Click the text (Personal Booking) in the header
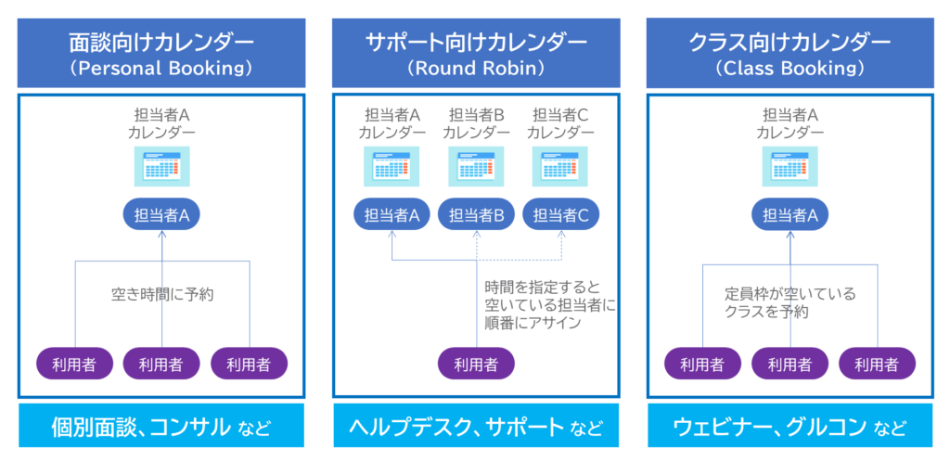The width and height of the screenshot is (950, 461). tap(161, 69)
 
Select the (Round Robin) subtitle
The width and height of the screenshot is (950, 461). tap(475, 69)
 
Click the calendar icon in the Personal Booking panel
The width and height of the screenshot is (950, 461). tap(161, 167)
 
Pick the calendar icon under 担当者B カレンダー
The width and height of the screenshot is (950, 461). tap(476, 167)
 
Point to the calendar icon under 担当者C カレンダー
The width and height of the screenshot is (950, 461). tap(560, 167)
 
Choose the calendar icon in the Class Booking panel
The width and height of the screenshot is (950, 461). tap(790, 167)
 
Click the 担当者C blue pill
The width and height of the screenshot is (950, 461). tap(560, 215)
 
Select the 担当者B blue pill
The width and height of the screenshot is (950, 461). tap(476, 215)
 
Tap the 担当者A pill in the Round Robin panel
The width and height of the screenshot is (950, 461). tap(392, 215)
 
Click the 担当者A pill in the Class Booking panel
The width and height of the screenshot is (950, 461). tap(790, 215)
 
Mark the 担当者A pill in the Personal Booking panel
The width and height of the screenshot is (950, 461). tap(161, 215)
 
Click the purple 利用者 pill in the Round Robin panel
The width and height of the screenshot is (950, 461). tap(476, 363)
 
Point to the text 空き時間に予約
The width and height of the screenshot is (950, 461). tap(162, 295)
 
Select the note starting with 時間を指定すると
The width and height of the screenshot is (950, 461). tap(550, 304)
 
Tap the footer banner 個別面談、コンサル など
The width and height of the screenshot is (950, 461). tap(161, 428)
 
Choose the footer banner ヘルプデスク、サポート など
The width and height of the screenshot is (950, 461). tap(475, 428)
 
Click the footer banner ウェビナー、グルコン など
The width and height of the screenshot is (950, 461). tap(790, 428)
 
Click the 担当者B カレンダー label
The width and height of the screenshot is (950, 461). tap(476, 123)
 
